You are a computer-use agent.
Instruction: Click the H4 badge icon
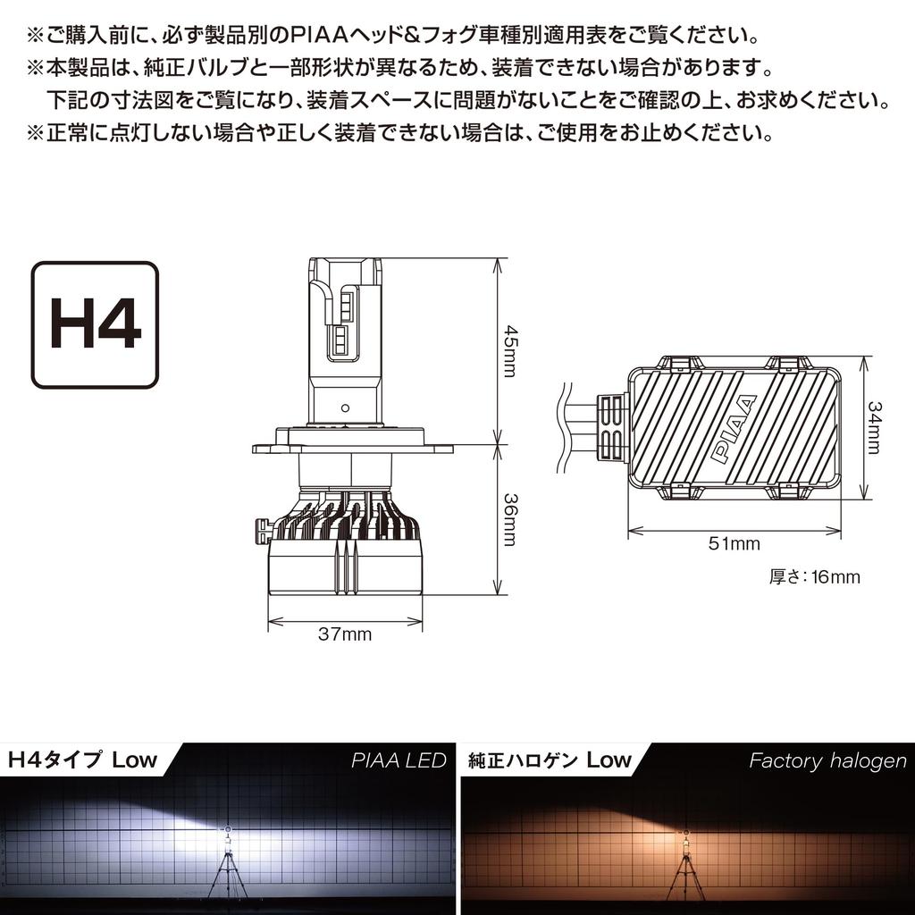point(95,325)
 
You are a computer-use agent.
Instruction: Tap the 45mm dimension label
point(509,351)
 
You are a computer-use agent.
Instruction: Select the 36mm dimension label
point(509,519)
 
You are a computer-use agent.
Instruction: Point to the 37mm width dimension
point(344,635)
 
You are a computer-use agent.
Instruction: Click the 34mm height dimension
point(874,427)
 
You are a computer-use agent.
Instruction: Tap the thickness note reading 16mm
point(814,577)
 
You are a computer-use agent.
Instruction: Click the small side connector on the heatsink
point(261,531)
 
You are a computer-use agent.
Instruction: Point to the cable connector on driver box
point(610,427)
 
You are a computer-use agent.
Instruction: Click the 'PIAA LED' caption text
point(399,760)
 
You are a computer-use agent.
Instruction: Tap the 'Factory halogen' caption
point(827,761)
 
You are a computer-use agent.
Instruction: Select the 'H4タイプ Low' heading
point(82,760)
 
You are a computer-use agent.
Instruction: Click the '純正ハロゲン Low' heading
point(550,761)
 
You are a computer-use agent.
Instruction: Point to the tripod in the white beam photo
point(227,870)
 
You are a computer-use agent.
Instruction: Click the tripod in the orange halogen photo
point(685,870)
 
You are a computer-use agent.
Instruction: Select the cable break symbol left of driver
point(565,427)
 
